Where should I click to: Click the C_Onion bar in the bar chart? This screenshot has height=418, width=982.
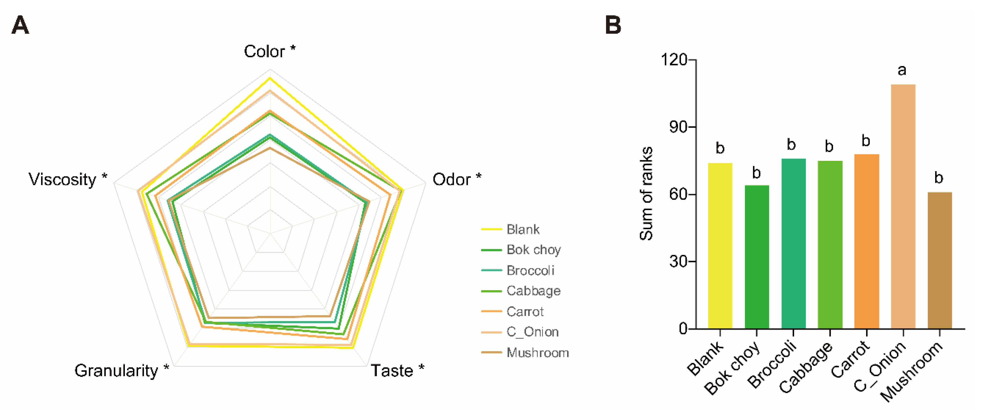(903, 206)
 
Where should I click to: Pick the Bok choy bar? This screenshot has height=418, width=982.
(757, 257)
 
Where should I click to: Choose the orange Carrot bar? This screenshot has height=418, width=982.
(866, 241)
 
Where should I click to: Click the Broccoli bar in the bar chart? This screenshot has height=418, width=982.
(793, 244)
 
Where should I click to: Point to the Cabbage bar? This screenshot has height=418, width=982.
(830, 245)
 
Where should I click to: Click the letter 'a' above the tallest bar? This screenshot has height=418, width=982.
(902, 70)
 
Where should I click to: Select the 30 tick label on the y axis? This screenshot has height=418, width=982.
(678, 261)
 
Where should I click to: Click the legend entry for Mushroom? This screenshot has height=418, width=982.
(537, 353)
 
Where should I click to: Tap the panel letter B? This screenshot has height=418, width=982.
(613, 25)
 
